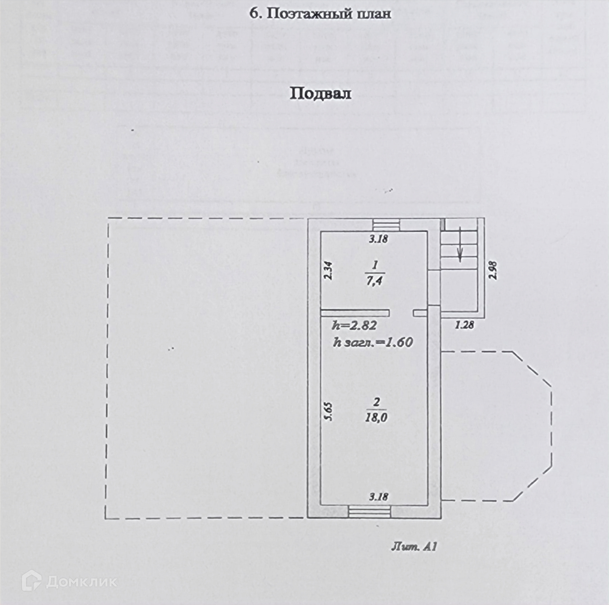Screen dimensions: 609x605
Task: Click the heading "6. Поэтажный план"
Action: tap(320, 14)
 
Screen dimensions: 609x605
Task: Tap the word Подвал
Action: tap(320, 94)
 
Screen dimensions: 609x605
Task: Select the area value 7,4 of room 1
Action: tap(374, 282)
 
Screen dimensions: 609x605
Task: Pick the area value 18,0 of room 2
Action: tap(376, 418)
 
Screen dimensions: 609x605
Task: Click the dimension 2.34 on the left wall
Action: tap(328, 270)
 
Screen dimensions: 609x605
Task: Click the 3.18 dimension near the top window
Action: tap(379, 239)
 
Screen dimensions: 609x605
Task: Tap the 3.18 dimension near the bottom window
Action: tap(379, 497)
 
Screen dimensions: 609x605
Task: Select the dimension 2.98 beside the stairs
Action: tap(493, 270)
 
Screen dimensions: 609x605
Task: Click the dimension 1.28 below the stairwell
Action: tap(464, 325)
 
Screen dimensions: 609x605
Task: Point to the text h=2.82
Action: tap(354, 325)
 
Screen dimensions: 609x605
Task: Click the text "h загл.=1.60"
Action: tap(373, 342)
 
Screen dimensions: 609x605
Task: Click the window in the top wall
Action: tap(386, 225)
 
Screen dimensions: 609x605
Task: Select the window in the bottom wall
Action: tap(369, 512)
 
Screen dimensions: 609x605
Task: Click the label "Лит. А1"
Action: tap(414, 547)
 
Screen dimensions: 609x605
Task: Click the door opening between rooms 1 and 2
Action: tap(402, 313)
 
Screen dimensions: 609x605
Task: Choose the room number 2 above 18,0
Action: tap(376, 402)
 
